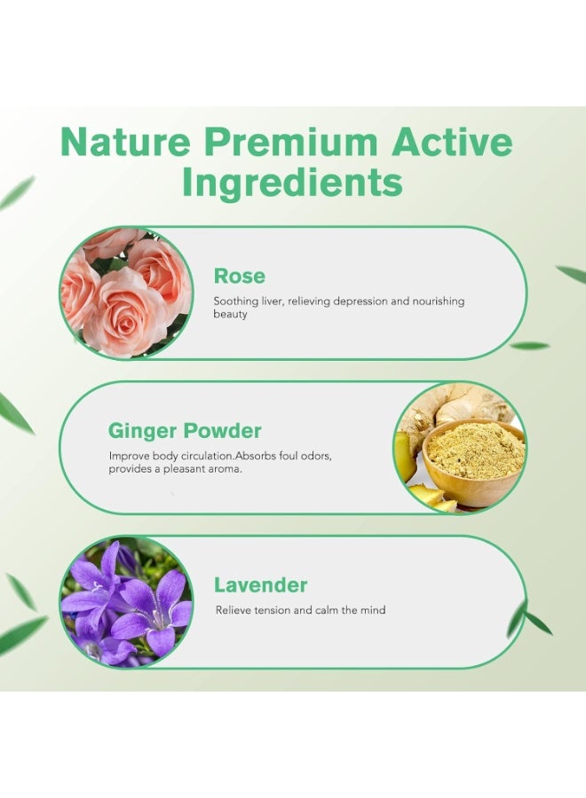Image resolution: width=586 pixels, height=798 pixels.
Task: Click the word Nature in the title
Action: coord(125,142)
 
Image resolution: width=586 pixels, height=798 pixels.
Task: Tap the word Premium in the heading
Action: coord(291,142)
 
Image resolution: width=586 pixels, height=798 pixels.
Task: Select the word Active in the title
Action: coord(452,142)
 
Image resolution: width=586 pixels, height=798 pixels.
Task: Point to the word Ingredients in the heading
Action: coord(292,184)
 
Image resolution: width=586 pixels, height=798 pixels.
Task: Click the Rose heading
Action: coord(240,276)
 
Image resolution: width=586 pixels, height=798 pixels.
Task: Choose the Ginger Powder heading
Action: coord(185,431)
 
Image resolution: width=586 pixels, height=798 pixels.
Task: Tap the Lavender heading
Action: coord(260,585)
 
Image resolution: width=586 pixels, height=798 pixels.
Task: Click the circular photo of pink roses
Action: coord(126,293)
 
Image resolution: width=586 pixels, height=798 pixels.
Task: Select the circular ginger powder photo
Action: coord(460,448)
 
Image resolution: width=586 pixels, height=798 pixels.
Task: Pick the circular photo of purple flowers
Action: coord(126,602)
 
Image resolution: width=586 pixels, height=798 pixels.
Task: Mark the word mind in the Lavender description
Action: coord(373,610)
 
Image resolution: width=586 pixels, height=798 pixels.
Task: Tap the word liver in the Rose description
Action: coord(273,301)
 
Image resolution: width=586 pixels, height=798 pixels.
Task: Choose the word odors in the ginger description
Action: coord(316,456)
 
